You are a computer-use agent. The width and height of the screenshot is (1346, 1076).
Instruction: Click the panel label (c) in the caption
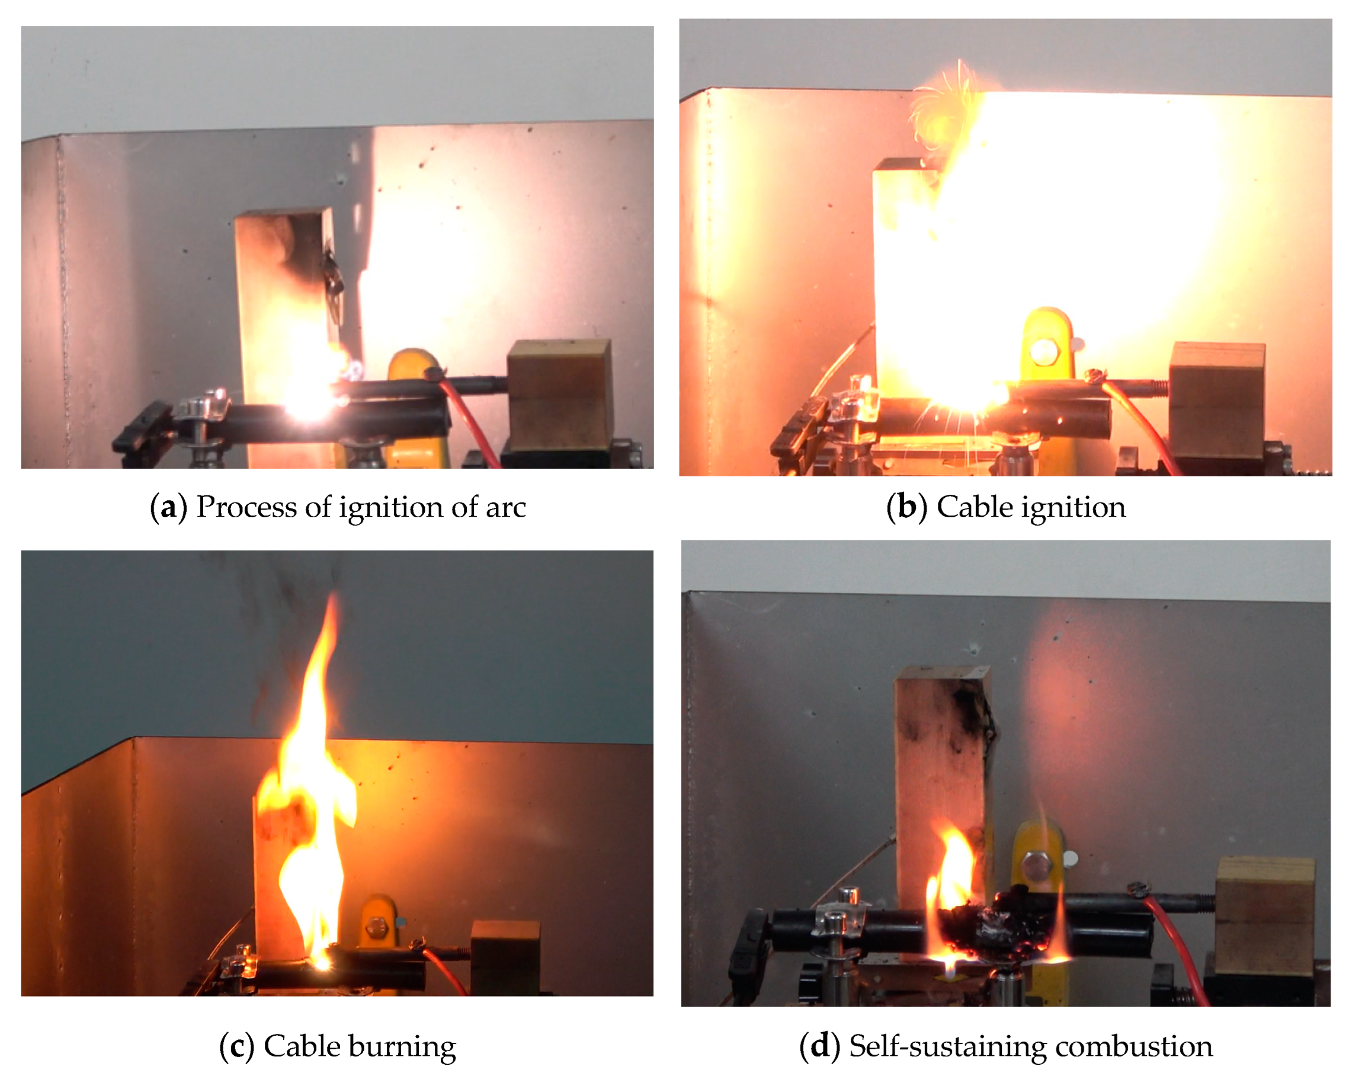pos(236,1046)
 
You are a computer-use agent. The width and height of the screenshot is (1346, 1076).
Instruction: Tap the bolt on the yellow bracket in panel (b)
pos(1043,351)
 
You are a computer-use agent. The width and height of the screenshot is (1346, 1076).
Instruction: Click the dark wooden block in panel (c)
pos(506,956)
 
